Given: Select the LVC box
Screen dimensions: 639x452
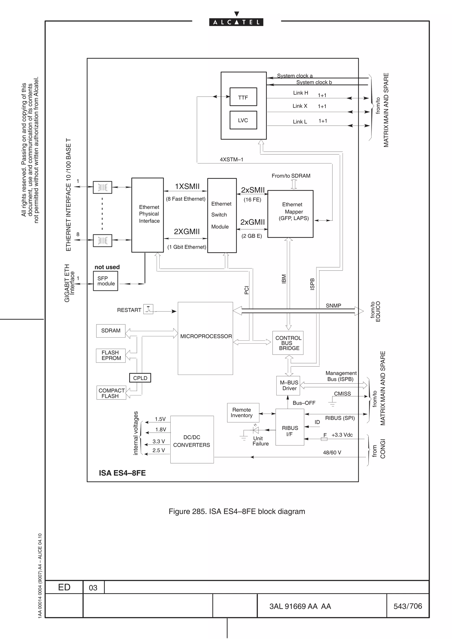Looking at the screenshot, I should [243, 120].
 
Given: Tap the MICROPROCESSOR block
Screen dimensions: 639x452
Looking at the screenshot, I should [205, 338].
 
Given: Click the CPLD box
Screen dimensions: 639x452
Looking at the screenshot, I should [140, 378].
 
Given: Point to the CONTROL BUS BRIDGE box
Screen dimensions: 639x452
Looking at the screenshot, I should [288, 343].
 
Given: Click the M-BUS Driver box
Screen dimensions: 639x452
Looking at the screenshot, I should [288, 385].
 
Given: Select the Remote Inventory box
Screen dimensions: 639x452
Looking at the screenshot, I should [243, 413].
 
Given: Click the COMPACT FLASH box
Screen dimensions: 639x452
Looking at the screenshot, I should [111, 393].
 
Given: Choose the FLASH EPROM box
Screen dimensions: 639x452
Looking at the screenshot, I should [111, 355].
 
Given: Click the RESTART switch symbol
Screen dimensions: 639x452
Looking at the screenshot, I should [148, 309].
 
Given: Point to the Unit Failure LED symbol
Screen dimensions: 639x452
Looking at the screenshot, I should [256, 430].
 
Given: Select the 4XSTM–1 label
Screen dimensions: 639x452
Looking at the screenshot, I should [232, 159].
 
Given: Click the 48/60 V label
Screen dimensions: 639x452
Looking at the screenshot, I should [332, 452].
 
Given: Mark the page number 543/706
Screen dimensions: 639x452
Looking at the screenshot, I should [407, 606].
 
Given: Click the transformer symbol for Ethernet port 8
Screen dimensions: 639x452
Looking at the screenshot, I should [102, 241].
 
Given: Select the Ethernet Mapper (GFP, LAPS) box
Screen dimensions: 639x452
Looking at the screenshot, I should [290, 214].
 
